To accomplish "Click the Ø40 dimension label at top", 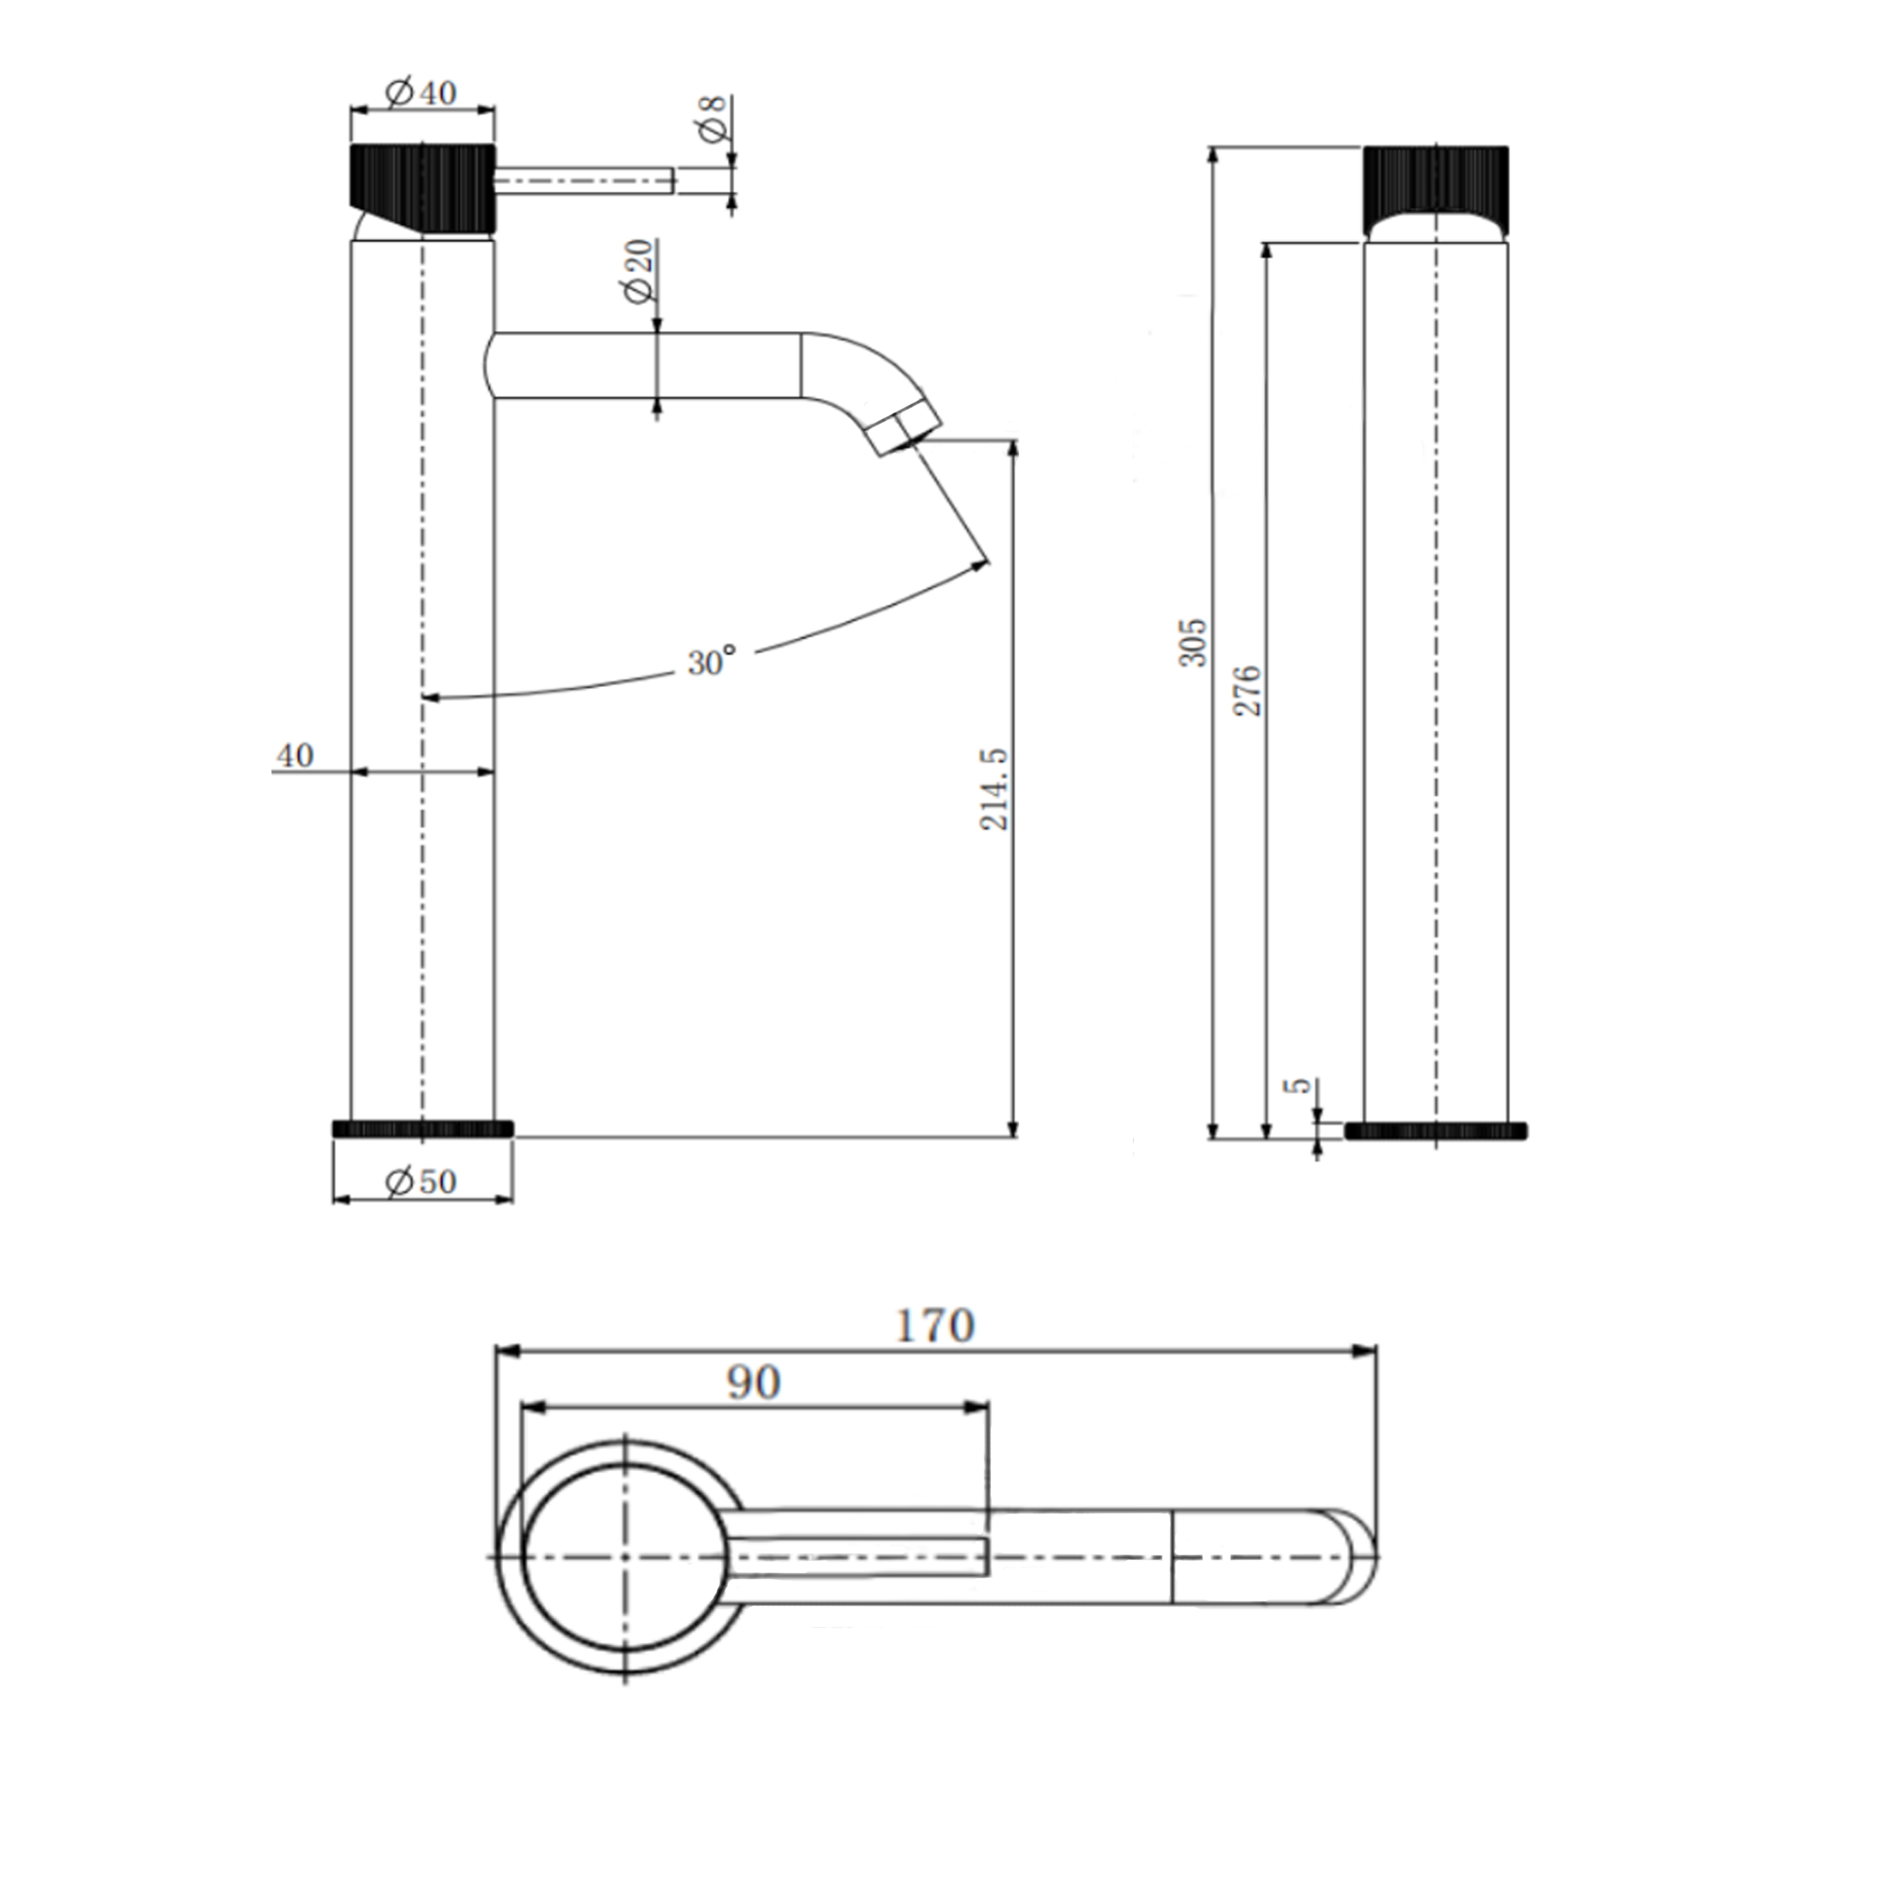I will (422, 93).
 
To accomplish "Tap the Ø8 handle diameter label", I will (713, 119).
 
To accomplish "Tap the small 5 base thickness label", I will (1298, 1086).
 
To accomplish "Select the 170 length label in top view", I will (935, 1326).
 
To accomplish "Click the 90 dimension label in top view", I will (754, 1382).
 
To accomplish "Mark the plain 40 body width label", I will (295, 755).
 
